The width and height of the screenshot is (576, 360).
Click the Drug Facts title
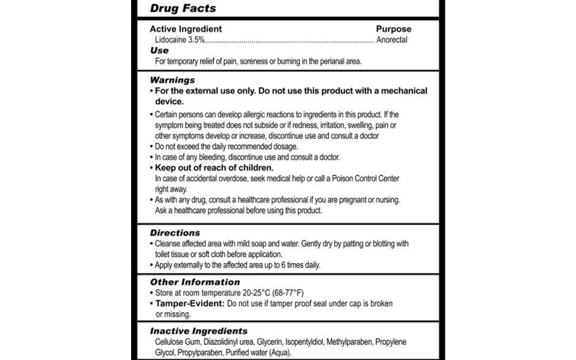183,9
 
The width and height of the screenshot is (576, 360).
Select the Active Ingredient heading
186,29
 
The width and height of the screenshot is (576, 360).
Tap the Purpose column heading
393,29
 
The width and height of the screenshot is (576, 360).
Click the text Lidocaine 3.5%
179,40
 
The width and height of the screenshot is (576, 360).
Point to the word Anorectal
392,40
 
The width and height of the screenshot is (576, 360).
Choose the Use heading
159,50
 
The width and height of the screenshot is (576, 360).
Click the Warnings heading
172,80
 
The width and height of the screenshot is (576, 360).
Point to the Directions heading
175,233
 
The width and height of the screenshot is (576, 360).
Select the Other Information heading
195,282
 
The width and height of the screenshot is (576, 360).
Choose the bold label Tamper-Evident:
189,304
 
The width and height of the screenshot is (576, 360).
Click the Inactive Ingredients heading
199,331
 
